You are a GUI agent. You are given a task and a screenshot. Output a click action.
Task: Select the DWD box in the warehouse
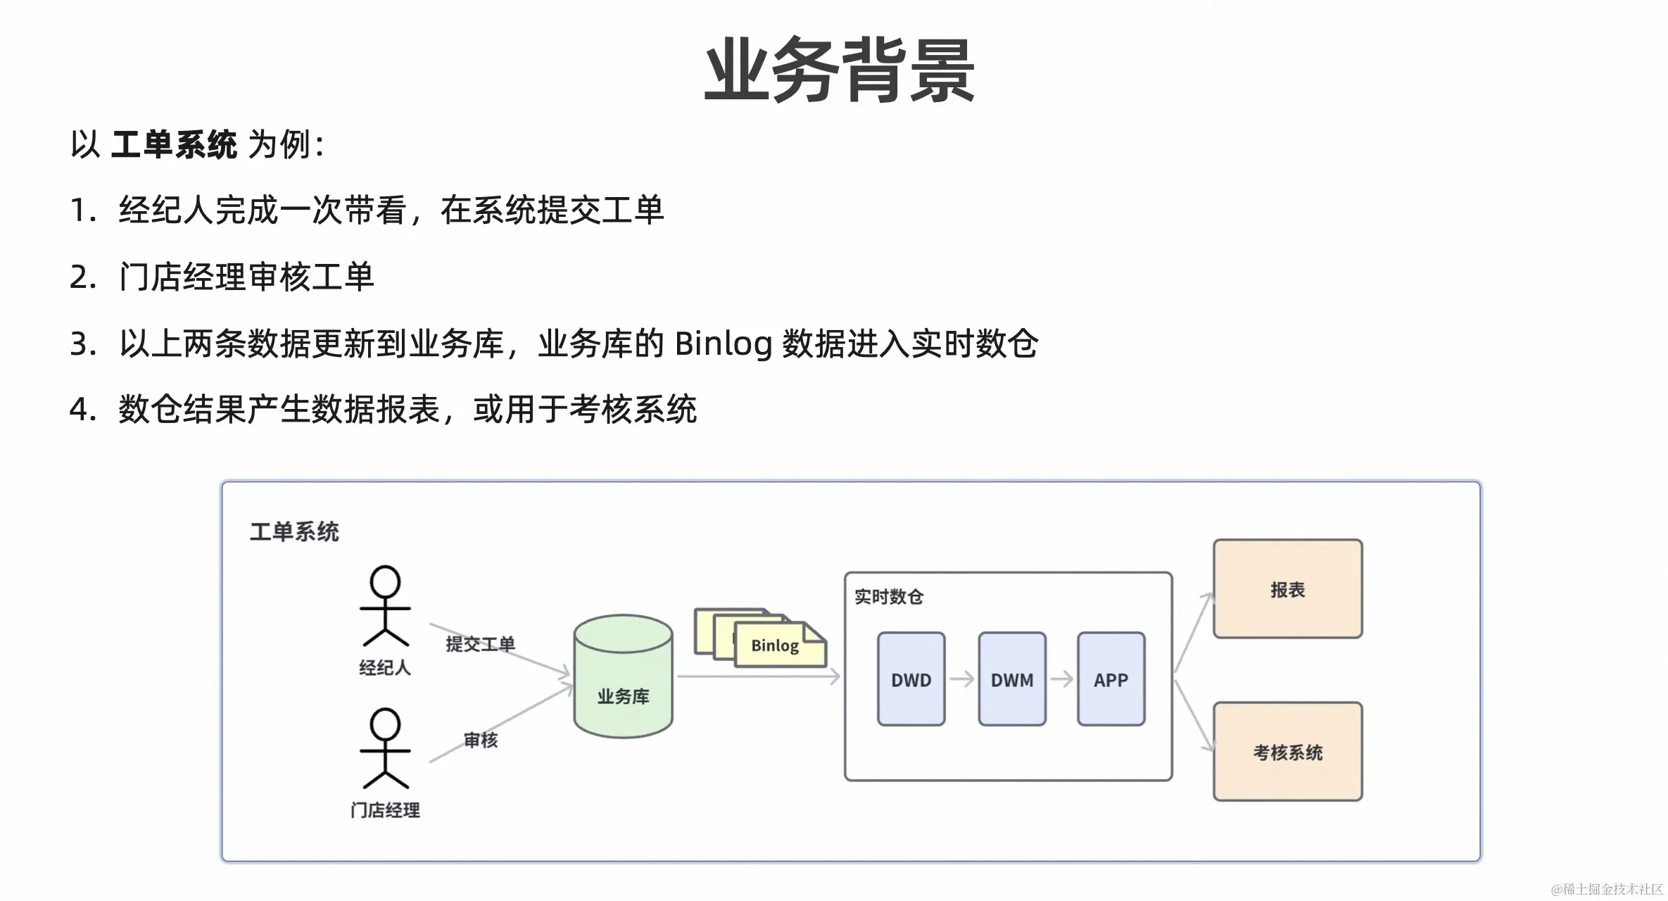[x=911, y=679]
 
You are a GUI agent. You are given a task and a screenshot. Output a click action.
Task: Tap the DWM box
[x=1011, y=679]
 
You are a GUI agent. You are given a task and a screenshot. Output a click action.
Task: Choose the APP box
[x=1111, y=679]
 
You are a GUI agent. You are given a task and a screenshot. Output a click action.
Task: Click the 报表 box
[x=1287, y=589]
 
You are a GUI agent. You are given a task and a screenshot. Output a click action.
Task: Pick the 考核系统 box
[x=1287, y=752]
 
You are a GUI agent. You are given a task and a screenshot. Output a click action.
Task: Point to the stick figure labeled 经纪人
[x=385, y=606]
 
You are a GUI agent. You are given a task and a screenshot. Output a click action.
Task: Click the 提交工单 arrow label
[x=480, y=643]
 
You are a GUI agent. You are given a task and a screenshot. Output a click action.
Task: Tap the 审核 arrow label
[x=481, y=740]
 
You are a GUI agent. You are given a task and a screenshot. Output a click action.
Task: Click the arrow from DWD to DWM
[x=961, y=679]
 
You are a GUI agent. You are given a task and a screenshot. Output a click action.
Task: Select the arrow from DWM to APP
[x=1061, y=679]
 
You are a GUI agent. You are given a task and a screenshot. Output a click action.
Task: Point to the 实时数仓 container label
[x=888, y=597]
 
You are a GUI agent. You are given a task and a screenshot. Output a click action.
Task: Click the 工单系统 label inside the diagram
[x=294, y=531]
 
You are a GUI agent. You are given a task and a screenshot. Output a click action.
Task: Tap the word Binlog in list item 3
[x=723, y=344]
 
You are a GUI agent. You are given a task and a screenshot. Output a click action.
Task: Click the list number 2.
[x=82, y=277]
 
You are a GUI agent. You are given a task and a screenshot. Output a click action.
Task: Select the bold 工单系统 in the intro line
[x=174, y=145]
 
